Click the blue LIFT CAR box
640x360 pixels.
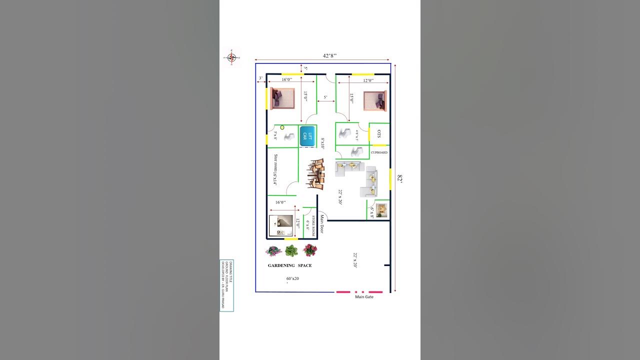pyautogui.click(x=307, y=136)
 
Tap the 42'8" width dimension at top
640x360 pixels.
pyautogui.click(x=329, y=56)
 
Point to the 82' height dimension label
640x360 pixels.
pyautogui.click(x=399, y=178)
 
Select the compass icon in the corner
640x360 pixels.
pyautogui.click(x=231, y=57)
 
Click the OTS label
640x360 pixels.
pyautogui.click(x=379, y=134)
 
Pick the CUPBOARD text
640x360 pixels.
pyautogui.click(x=379, y=152)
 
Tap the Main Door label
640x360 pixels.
pyautogui.click(x=322, y=224)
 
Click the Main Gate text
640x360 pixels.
pyautogui.click(x=364, y=297)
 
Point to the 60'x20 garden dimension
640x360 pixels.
pyautogui.click(x=292, y=278)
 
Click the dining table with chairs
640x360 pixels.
pyautogui.click(x=315, y=174)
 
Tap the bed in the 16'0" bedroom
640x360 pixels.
pyautogui.click(x=282, y=98)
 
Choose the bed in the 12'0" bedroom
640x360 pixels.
pyautogui.click(x=375, y=100)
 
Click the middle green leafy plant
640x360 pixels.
pyautogui.click(x=291, y=250)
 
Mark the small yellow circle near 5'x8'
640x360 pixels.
pyautogui.click(x=282, y=127)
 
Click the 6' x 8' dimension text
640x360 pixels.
pyautogui.click(x=371, y=213)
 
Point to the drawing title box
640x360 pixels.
pyautogui.click(x=226, y=285)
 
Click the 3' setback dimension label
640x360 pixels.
pyautogui.click(x=260, y=78)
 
